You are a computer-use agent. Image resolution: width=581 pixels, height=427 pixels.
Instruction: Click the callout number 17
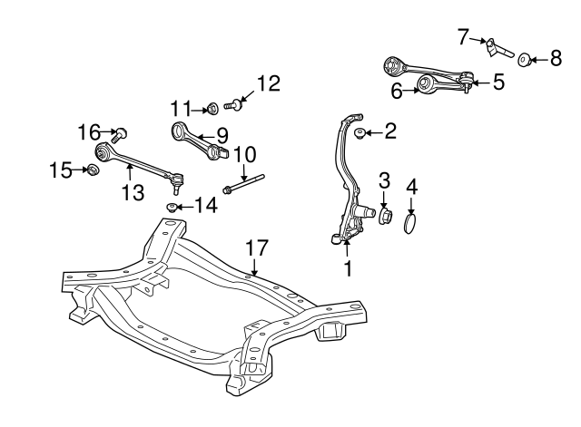[257, 247]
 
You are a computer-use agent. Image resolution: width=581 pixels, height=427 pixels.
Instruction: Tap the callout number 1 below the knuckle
[346, 269]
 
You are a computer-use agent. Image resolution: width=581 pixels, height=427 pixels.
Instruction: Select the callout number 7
[464, 36]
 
